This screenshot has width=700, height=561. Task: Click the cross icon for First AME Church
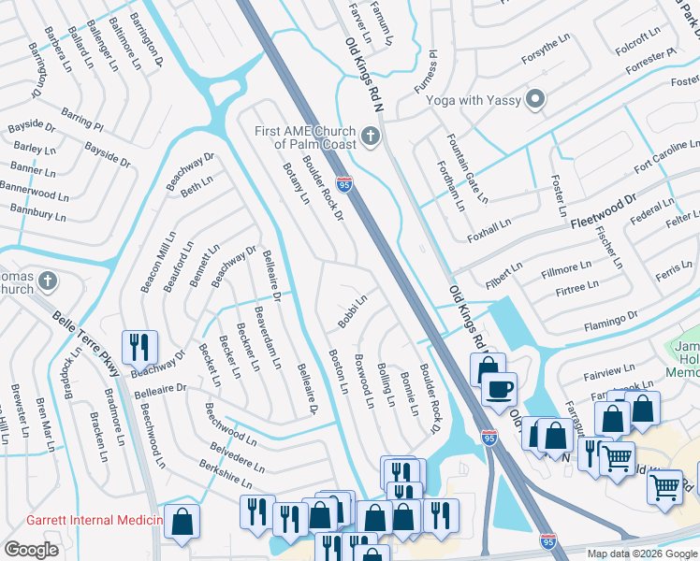click(371, 138)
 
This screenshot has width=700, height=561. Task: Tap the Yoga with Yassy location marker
click(535, 99)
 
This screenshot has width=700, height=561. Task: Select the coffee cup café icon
click(500, 387)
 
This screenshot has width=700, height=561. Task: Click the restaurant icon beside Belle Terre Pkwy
click(139, 348)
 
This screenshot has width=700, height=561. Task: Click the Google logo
click(31, 550)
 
